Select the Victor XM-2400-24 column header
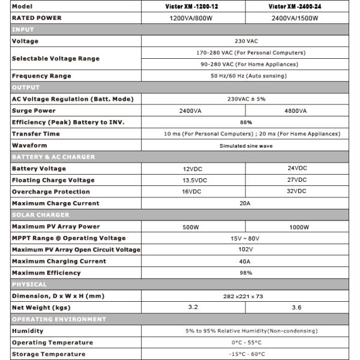pyautogui.click(x=297, y=6)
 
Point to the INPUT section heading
pyautogui.click(x=23, y=29)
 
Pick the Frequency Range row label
pyautogui.click(x=41, y=76)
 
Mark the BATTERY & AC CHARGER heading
pyautogui.click(x=53, y=157)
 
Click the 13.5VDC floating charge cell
pyautogui.click(x=193, y=180)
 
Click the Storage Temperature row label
pyautogui.click(x=49, y=354)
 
